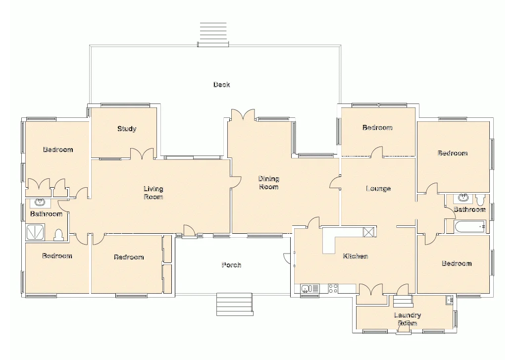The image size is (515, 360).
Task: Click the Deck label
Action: point(221,85)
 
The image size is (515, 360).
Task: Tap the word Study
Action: point(127,129)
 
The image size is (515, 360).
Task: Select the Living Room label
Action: point(154,193)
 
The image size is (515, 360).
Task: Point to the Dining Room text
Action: point(268,183)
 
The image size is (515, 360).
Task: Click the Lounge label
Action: point(378,189)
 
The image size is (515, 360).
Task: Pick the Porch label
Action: point(231,265)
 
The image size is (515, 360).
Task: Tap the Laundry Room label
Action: point(407,319)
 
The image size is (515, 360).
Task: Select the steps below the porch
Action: point(235,304)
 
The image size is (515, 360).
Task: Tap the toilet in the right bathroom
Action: point(479,200)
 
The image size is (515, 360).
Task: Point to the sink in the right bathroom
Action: point(463,199)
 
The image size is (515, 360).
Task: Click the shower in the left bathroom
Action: point(35,232)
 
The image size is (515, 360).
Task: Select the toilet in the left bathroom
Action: point(58,235)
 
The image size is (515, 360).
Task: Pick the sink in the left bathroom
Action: point(40,202)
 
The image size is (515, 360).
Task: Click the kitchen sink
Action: point(306,288)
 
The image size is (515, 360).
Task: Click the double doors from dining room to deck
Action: point(243,115)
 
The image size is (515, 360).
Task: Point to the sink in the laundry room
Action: point(449,300)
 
